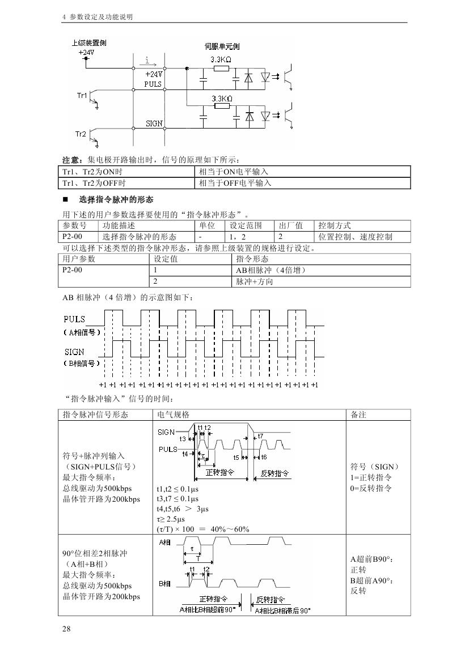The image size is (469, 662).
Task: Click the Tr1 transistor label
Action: [x=82, y=96]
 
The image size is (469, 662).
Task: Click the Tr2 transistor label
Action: [x=81, y=134]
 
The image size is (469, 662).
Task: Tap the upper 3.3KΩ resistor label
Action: [x=221, y=59]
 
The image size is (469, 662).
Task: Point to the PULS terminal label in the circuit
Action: [x=153, y=84]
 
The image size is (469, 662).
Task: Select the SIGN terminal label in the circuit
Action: [x=154, y=123]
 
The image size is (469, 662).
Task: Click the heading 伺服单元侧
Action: [x=222, y=46]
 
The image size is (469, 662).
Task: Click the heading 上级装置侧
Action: [x=88, y=43]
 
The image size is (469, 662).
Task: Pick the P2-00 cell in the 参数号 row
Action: [x=72, y=237]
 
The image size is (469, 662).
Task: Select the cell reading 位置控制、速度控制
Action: [x=356, y=237]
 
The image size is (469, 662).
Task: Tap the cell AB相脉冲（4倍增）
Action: [x=271, y=270]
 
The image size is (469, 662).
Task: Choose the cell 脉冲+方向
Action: [x=255, y=281]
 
